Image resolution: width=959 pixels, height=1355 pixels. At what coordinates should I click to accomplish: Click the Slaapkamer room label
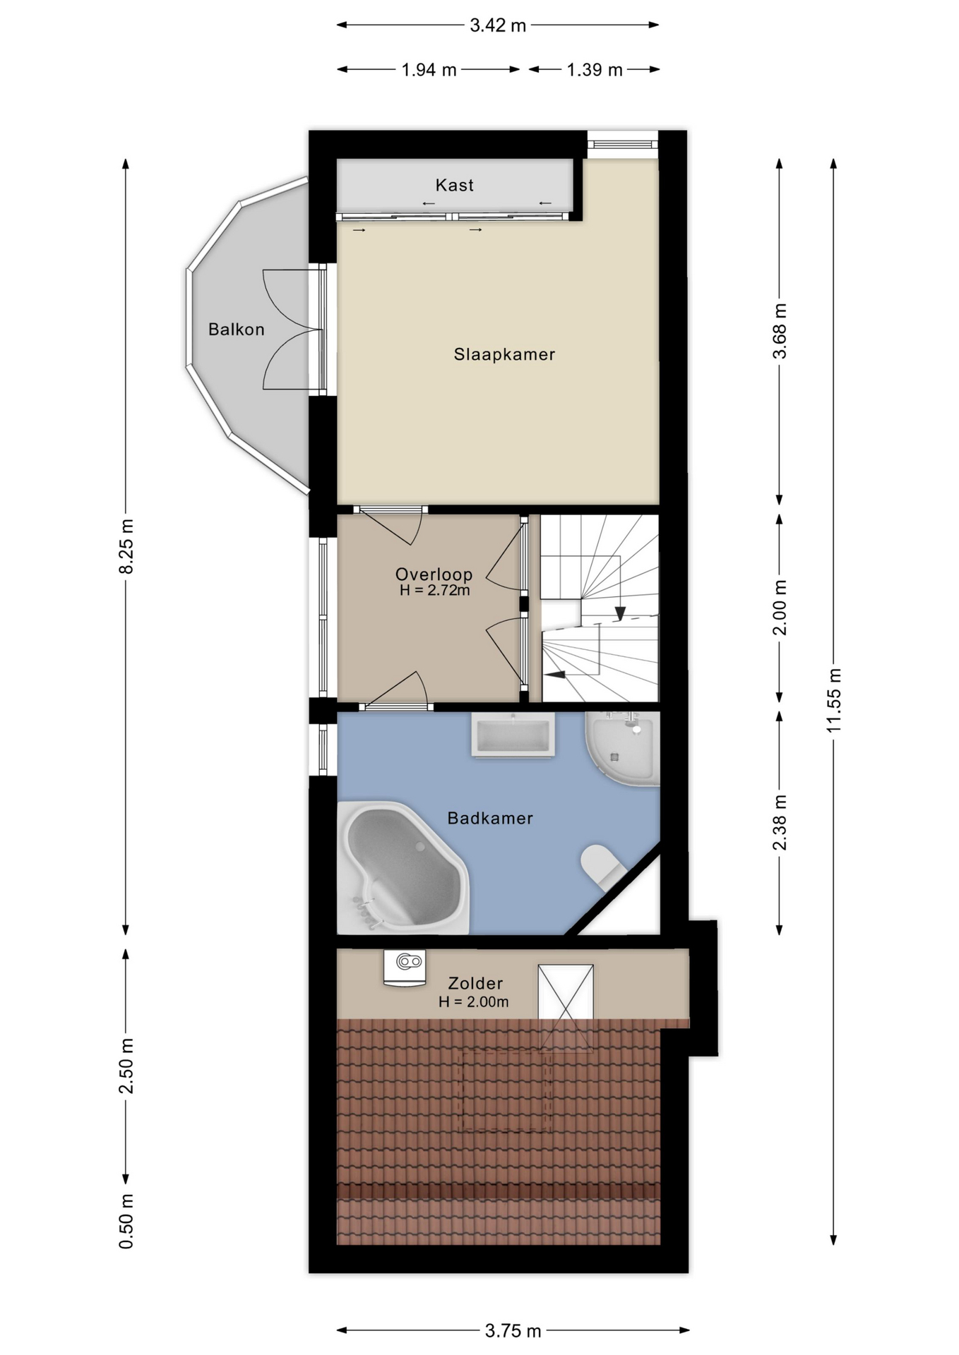[x=504, y=354]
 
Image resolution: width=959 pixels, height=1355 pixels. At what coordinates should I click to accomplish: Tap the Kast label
[x=454, y=185]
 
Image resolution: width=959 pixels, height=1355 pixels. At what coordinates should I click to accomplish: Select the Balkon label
[x=237, y=330]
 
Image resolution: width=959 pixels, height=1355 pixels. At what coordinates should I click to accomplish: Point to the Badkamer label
[x=490, y=818]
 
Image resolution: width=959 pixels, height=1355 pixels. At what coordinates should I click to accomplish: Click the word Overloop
[x=434, y=574]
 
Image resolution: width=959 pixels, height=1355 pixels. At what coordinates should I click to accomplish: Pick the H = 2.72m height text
[x=434, y=591]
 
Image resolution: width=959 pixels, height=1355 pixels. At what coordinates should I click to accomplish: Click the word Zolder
[x=476, y=983]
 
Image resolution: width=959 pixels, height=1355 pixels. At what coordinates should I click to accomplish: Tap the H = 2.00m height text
[x=473, y=1001]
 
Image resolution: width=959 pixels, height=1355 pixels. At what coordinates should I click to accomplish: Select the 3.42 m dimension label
[x=498, y=25]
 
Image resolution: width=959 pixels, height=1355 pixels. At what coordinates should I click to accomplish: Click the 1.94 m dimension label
[x=429, y=70]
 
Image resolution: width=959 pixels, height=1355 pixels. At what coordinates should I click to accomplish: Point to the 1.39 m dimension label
[x=595, y=70]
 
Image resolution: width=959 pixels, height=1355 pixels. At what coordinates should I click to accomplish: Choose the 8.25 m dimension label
[x=126, y=546]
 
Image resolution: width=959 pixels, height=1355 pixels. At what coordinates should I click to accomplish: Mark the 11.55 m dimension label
[x=834, y=699]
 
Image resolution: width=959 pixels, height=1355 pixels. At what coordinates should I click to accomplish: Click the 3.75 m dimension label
[x=513, y=1331]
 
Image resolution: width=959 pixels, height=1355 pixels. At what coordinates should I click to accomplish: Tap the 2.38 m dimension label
[x=780, y=823]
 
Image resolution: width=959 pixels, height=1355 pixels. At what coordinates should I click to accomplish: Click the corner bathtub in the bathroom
[x=403, y=868]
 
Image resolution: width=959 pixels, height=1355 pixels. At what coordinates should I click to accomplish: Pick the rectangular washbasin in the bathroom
[x=513, y=735]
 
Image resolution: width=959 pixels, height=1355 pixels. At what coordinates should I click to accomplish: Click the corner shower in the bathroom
[x=623, y=748]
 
